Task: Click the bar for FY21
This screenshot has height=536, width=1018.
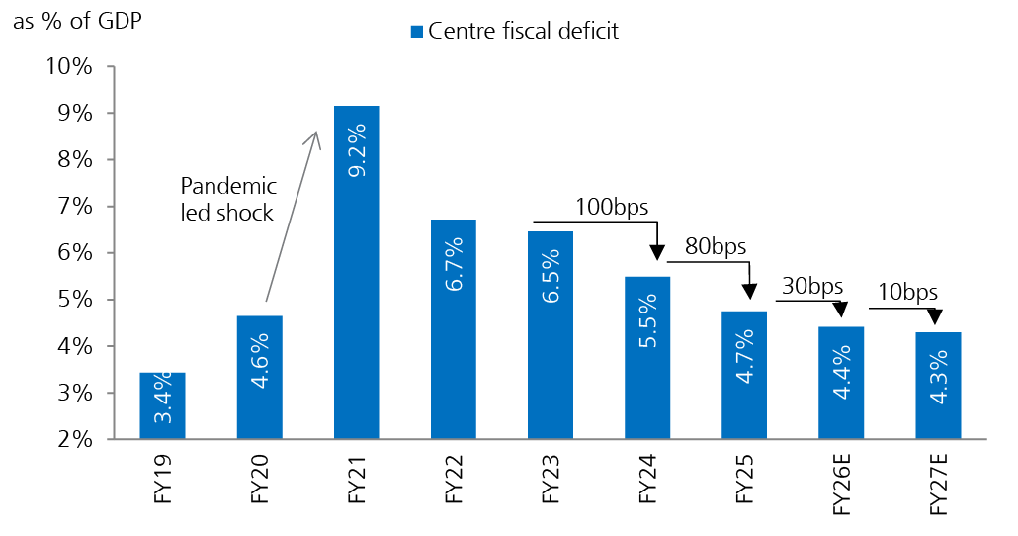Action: [356, 272]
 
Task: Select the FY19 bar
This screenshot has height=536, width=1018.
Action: [162, 405]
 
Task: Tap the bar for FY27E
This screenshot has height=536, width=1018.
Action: [938, 386]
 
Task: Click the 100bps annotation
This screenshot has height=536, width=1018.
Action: [612, 208]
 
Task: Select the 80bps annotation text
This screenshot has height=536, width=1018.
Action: [714, 247]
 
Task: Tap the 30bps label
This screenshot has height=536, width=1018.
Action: [811, 286]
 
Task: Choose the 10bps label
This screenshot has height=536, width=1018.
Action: [907, 292]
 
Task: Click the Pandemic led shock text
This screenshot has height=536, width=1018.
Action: [227, 199]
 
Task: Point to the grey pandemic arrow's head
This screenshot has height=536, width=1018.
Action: [315, 137]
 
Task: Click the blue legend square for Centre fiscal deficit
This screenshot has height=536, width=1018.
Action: [416, 32]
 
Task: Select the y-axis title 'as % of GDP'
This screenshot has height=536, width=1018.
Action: [77, 22]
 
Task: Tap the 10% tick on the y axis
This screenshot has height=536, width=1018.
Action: [69, 67]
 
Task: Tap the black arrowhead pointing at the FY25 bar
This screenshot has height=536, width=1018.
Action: [749, 292]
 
